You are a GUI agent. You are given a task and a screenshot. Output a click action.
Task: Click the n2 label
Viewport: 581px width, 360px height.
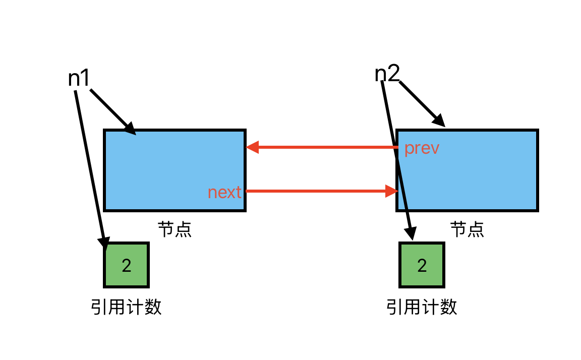[387, 74]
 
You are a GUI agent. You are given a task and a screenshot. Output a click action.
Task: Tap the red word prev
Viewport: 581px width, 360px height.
[422, 149]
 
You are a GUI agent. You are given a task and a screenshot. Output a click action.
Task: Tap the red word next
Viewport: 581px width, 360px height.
[224, 192]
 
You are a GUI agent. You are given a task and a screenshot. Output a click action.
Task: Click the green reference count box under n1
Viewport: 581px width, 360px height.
[127, 265]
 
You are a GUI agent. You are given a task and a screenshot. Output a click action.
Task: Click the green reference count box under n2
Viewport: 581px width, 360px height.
[422, 265]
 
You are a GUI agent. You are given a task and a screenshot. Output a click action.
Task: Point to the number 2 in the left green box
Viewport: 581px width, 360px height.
[127, 266]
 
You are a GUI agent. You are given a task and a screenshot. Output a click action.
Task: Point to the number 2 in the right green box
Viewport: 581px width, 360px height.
[422, 266]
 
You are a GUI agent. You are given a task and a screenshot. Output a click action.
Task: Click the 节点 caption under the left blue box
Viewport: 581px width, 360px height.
[175, 229]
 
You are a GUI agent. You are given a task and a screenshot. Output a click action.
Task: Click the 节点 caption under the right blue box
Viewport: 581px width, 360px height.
[467, 229]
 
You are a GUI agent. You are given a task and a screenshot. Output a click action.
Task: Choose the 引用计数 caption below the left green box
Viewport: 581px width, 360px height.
[126, 307]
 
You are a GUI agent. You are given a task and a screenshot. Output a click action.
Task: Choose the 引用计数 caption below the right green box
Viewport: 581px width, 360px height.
[422, 307]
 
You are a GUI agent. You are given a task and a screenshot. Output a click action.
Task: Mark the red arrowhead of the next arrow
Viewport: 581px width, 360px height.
[392, 191]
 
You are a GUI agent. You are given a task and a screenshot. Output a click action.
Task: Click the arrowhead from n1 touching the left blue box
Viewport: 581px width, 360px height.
[130, 129]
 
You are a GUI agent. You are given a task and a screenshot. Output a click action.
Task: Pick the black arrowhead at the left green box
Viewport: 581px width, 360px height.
[105, 243]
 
